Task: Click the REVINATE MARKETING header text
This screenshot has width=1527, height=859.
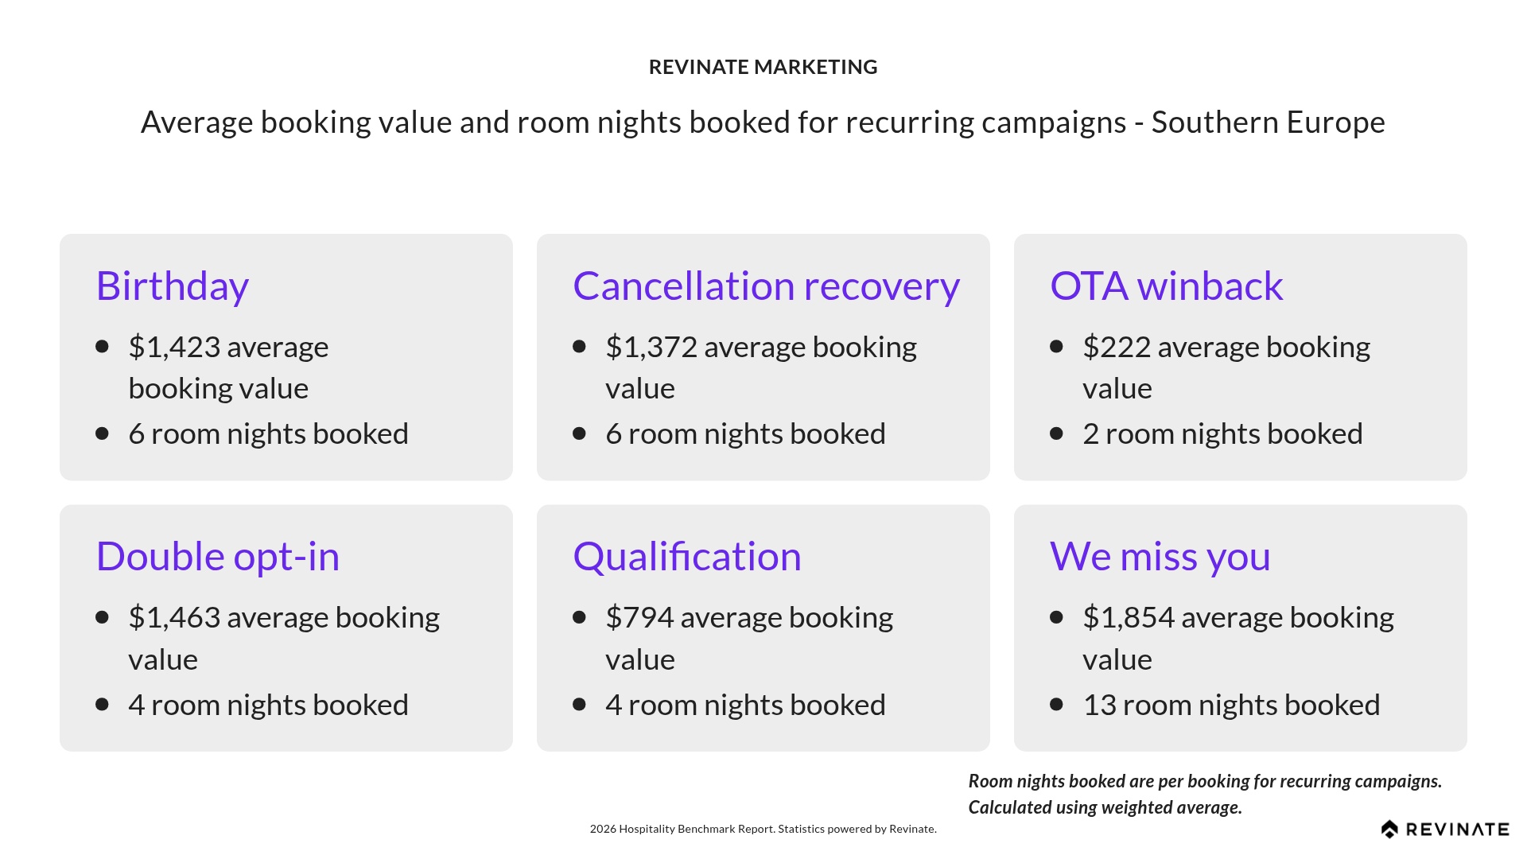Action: [763, 67]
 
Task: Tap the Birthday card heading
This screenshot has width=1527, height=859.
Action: [173, 286]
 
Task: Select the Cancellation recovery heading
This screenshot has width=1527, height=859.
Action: [766, 286]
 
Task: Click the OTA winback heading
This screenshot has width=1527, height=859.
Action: [1166, 286]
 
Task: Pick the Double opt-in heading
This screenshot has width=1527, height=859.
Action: [217, 557]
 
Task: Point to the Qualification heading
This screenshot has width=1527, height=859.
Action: [686, 557]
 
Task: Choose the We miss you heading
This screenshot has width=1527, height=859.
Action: [1160, 557]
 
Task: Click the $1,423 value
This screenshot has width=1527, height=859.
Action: [174, 347]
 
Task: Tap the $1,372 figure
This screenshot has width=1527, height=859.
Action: [651, 347]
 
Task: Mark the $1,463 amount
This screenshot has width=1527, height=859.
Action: [174, 618]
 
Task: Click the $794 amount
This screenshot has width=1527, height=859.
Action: [639, 618]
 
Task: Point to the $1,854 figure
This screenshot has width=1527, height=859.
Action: [1129, 618]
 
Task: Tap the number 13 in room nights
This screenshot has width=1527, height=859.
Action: [1099, 705]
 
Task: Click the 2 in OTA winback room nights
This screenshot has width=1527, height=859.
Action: [1090, 434]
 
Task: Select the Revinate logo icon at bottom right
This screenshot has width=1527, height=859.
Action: [1389, 830]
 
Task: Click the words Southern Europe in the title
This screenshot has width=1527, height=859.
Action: [1268, 122]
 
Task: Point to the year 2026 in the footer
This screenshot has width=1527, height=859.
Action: [603, 829]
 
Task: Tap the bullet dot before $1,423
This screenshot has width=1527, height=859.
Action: [102, 346]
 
